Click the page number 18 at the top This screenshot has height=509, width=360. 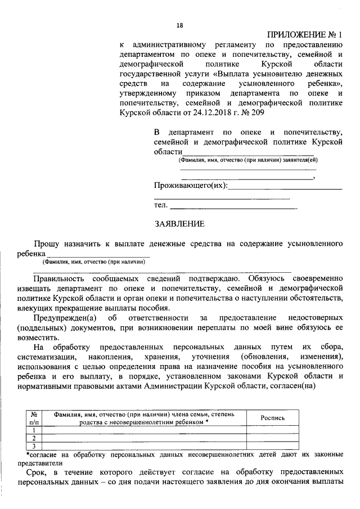click(180, 25)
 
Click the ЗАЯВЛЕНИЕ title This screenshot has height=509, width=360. click(179, 224)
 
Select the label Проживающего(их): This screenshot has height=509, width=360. click(191, 186)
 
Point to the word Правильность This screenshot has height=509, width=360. click(60, 278)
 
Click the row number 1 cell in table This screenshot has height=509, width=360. click(34, 430)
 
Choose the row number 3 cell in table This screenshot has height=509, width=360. click(34, 446)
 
